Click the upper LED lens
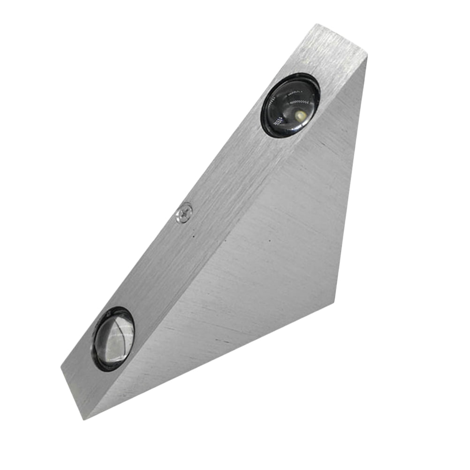291,106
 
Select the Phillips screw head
184,213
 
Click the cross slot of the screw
184,213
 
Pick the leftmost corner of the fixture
61,369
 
